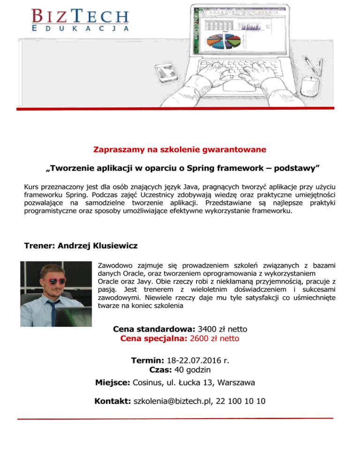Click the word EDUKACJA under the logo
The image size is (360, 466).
point(80,29)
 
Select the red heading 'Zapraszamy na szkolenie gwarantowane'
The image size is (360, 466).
point(180,150)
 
